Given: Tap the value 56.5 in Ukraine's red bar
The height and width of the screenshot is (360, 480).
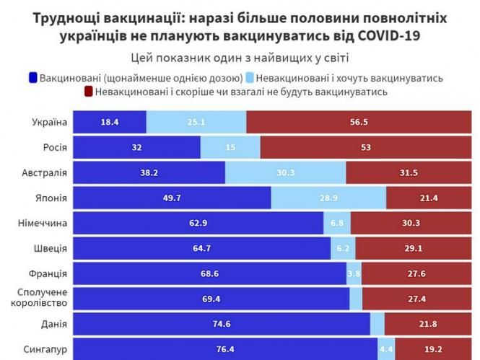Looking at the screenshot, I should tap(359, 123).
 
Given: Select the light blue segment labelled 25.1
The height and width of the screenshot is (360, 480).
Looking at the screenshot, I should tap(196, 123).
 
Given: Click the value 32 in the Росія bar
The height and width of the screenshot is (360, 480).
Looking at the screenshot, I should tap(136, 148).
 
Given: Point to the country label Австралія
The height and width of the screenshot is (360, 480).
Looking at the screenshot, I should tap(45, 173).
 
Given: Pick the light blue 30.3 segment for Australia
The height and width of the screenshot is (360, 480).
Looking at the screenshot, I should tap(286, 173).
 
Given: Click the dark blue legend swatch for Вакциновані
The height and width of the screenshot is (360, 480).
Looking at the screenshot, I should tap(32, 77).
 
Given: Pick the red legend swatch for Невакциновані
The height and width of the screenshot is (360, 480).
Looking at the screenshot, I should tap(89, 92).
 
